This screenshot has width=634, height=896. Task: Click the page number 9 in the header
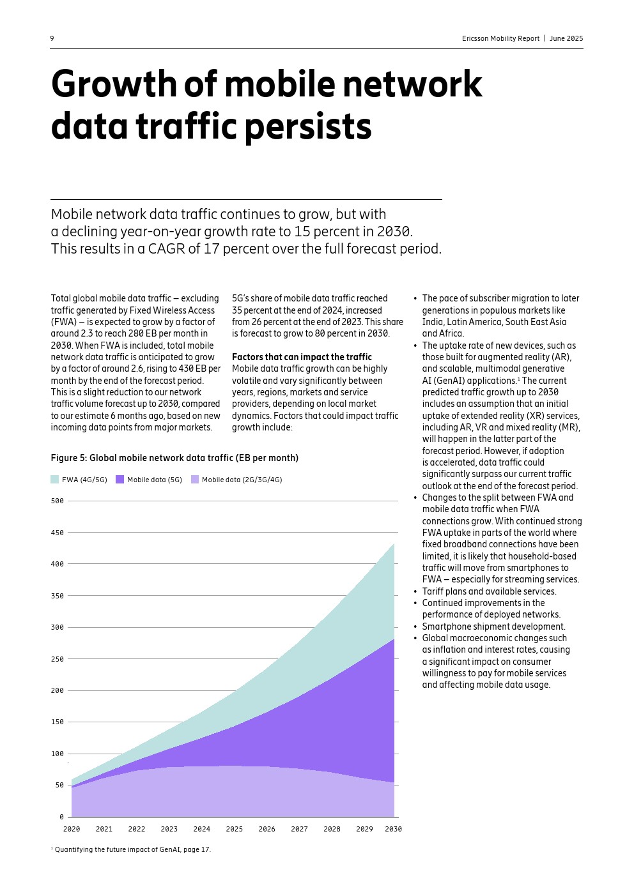(52, 38)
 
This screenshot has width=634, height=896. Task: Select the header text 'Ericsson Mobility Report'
(500, 38)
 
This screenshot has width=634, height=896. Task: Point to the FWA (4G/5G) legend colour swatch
(55, 480)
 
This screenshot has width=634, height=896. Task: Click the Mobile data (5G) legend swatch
(120, 480)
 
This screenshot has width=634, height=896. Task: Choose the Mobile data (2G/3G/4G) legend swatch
(195, 480)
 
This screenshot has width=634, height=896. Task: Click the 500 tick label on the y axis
(58, 501)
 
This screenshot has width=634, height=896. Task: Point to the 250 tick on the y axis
(58, 659)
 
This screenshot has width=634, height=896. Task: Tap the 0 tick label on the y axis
(61, 817)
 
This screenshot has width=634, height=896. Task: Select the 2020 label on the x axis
(72, 829)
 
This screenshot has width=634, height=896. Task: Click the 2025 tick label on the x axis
(235, 829)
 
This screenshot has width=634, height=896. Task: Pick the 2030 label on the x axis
(393, 829)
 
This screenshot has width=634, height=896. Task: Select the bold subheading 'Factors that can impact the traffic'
(302, 357)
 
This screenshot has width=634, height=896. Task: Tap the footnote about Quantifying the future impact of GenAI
(132, 849)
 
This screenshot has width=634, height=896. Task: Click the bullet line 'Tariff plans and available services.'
(489, 591)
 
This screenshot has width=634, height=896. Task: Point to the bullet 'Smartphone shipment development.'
(493, 626)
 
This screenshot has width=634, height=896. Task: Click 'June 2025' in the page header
(566, 38)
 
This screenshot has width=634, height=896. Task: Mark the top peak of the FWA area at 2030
(394, 544)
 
